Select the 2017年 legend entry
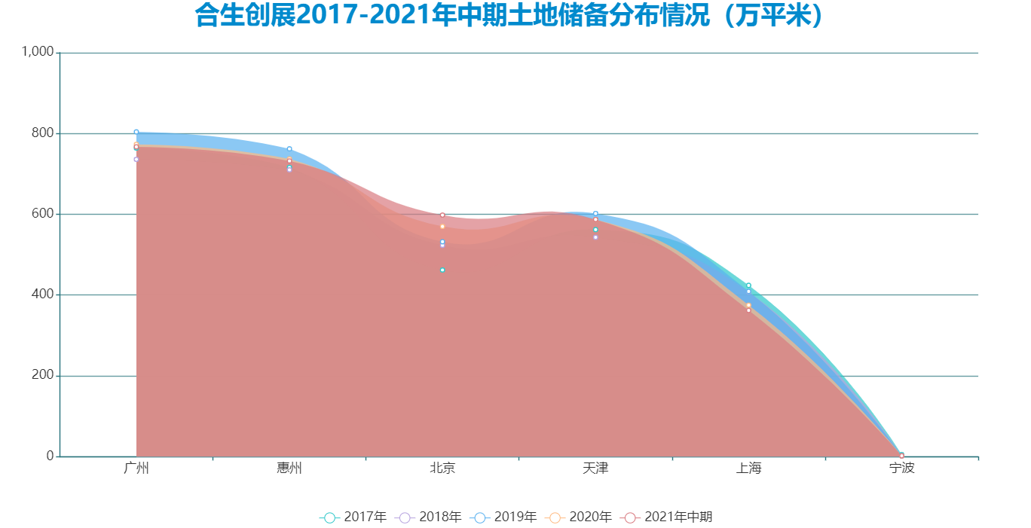click(353, 517)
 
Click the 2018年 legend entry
click(429, 517)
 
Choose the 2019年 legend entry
click(503, 517)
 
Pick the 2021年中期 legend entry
click(667, 517)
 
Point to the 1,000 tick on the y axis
click(38, 52)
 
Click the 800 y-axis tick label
click(42, 133)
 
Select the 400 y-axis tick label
click(42, 295)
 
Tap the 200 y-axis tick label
click(42, 375)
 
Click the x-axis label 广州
click(136, 468)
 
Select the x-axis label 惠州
click(289, 468)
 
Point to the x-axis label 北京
click(442, 468)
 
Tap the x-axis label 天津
click(595, 468)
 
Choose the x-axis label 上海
click(748, 468)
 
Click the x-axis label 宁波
click(901, 468)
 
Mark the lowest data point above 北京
click(442, 270)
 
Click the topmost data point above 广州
click(136, 132)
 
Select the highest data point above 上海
click(748, 285)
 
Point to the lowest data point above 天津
click(595, 237)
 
